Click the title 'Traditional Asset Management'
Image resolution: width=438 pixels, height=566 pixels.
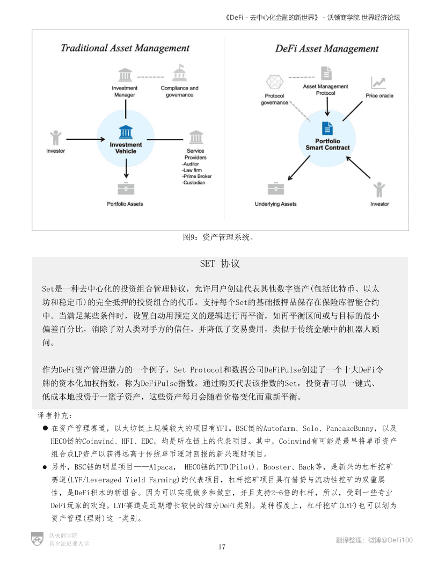pyautogui.click(x=125, y=48)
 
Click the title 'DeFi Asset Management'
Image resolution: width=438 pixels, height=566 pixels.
pyautogui.click(x=327, y=49)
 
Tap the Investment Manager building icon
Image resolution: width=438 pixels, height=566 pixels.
pyautogui.click(x=125, y=75)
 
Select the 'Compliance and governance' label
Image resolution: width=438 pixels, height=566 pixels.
pyautogui.click(x=179, y=91)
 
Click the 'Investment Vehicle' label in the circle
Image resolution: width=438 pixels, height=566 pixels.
pyautogui.click(x=126, y=148)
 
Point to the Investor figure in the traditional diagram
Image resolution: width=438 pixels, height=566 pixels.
pyautogui.click(x=55, y=138)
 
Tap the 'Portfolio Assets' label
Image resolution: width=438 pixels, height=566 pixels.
pyautogui.click(x=125, y=204)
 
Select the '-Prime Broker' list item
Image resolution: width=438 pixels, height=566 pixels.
pyautogui.click(x=197, y=176)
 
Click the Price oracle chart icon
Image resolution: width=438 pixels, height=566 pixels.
pyautogui.click(x=379, y=83)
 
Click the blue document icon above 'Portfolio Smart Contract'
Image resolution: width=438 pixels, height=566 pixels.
pyautogui.click(x=327, y=128)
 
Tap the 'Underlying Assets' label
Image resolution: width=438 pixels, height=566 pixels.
pyautogui.click(x=275, y=204)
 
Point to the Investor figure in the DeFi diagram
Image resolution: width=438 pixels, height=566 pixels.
pyautogui.click(x=379, y=189)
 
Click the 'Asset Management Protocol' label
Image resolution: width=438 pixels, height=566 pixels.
pyautogui.click(x=326, y=90)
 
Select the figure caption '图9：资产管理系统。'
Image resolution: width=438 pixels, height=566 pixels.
pyautogui.click(x=218, y=237)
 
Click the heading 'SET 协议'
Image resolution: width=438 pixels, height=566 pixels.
pyautogui.click(x=220, y=264)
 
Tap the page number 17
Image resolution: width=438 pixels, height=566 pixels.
pyautogui.click(x=222, y=547)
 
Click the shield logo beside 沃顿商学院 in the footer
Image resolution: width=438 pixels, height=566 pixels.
pyautogui.click(x=37, y=539)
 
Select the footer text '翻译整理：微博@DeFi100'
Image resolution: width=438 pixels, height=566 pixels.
pyautogui.click(x=374, y=540)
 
